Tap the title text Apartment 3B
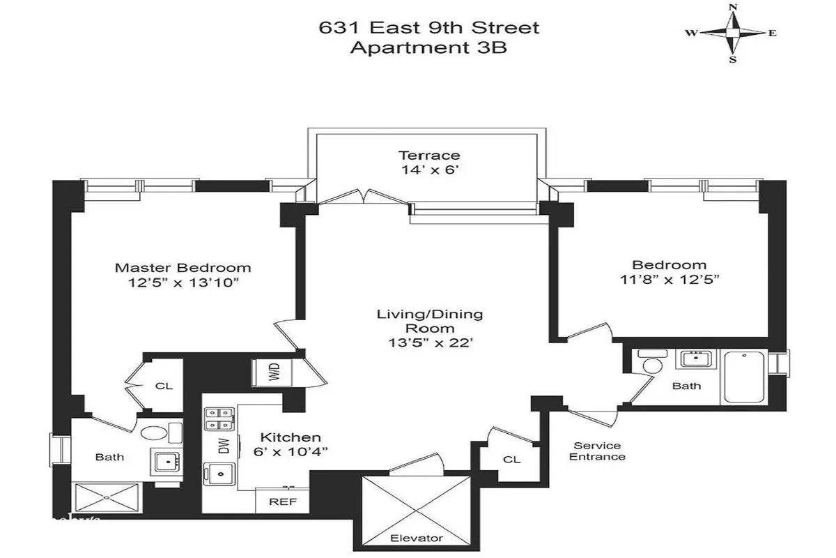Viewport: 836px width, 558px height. point(428,48)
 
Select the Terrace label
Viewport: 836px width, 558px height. point(429,155)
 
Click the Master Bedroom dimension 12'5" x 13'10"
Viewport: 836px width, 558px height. point(183,282)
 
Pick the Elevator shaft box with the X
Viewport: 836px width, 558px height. point(417,505)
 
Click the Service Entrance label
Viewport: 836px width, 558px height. point(597,451)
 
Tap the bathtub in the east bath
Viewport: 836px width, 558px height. point(745,377)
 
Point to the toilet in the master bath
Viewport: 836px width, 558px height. point(154,432)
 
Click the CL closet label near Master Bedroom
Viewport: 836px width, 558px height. point(164,386)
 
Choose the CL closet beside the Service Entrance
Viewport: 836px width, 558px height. point(511,460)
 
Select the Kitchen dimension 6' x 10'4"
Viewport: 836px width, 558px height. point(291,451)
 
